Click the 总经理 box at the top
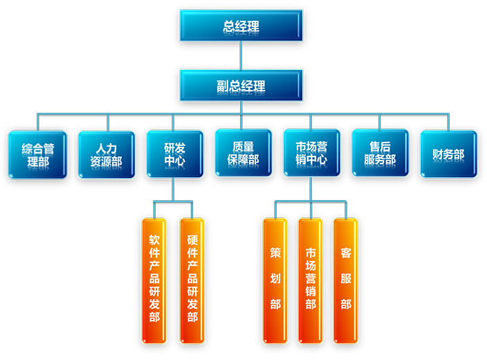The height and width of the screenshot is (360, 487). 241,26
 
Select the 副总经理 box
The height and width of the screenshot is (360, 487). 241,86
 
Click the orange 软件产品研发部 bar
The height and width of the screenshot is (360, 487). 154,280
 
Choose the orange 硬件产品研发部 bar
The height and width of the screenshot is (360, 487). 192,280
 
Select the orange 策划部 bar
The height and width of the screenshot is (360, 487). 275,280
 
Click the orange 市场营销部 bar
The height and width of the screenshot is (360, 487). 310,280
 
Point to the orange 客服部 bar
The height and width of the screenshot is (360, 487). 345,280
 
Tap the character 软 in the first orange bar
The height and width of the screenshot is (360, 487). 154,241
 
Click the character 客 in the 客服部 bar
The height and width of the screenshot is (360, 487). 345,253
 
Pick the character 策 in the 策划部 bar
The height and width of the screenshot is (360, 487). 275,253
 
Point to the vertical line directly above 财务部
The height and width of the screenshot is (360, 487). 448,121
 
